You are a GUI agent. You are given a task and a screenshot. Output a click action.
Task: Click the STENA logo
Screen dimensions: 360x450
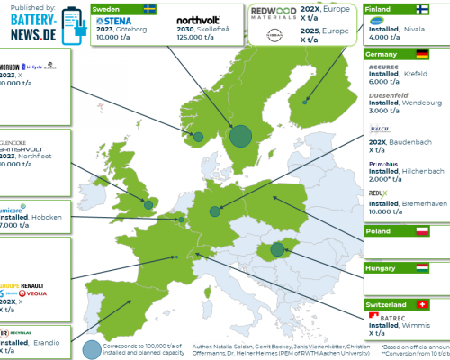119,21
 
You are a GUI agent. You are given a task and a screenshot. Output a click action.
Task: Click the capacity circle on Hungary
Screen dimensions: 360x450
279,248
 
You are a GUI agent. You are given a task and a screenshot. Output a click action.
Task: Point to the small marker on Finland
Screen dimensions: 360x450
305,102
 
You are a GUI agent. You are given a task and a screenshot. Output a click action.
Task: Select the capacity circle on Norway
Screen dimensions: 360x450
199,137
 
